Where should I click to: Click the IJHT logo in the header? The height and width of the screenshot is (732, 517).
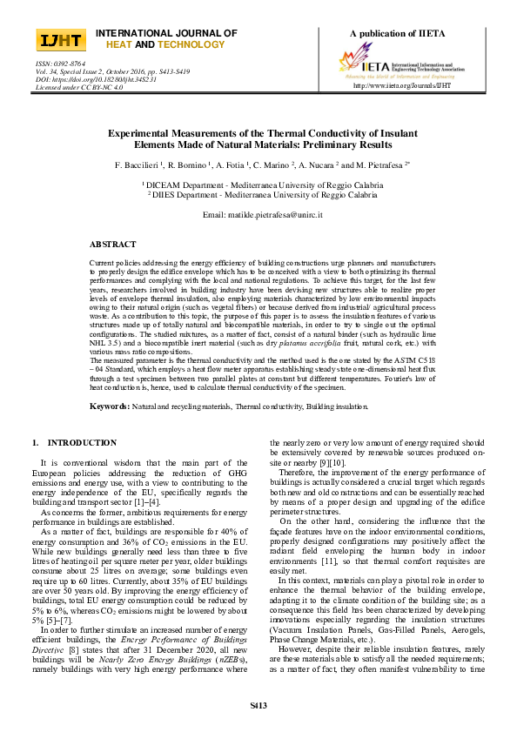[x=60, y=40]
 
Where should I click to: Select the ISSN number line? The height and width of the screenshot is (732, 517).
[x=60, y=64]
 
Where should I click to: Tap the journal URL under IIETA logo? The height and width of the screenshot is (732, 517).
[x=402, y=86]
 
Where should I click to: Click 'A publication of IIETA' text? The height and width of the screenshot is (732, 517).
[x=397, y=33]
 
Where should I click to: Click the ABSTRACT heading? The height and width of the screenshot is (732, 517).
[x=113, y=245]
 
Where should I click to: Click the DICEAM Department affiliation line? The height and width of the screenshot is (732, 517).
[x=258, y=185]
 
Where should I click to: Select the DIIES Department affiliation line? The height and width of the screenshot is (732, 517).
[x=258, y=194]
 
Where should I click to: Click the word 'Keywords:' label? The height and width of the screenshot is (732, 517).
[x=110, y=406]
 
